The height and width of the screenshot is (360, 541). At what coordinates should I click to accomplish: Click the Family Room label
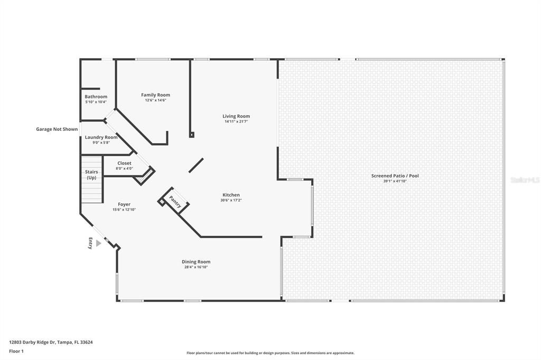click(x=155, y=95)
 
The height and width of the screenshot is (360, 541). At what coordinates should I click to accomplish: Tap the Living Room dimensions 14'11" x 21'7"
click(x=236, y=121)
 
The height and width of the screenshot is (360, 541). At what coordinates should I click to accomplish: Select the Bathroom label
click(x=96, y=97)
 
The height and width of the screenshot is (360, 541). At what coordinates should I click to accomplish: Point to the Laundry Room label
click(x=101, y=137)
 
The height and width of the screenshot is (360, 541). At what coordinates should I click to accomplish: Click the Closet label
click(x=125, y=163)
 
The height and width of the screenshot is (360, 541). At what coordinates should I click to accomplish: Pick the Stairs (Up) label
click(x=91, y=175)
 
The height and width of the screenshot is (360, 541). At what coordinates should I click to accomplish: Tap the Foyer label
click(x=124, y=204)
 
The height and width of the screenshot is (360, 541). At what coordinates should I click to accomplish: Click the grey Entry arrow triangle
click(x=98, y=243)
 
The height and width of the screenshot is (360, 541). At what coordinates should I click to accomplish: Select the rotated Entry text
click(x=90, y=243)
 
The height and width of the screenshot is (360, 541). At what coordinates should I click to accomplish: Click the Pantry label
click(x=175, y=202)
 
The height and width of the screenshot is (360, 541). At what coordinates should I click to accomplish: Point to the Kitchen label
click(x=231, y=195)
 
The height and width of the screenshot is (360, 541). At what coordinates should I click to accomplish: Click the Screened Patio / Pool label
click(x=395, y=176)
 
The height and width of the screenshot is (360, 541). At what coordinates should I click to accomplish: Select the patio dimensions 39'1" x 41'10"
click(x=395, y=181)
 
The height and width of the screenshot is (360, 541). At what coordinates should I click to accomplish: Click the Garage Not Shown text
click(x=57, y=129)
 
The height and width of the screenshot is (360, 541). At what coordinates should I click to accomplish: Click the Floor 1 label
click(x=17, y=350)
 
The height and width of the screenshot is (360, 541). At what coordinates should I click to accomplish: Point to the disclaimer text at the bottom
click(x=270, y=353)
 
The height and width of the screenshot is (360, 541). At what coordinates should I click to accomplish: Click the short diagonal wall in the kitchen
click(x=197, y=165)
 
